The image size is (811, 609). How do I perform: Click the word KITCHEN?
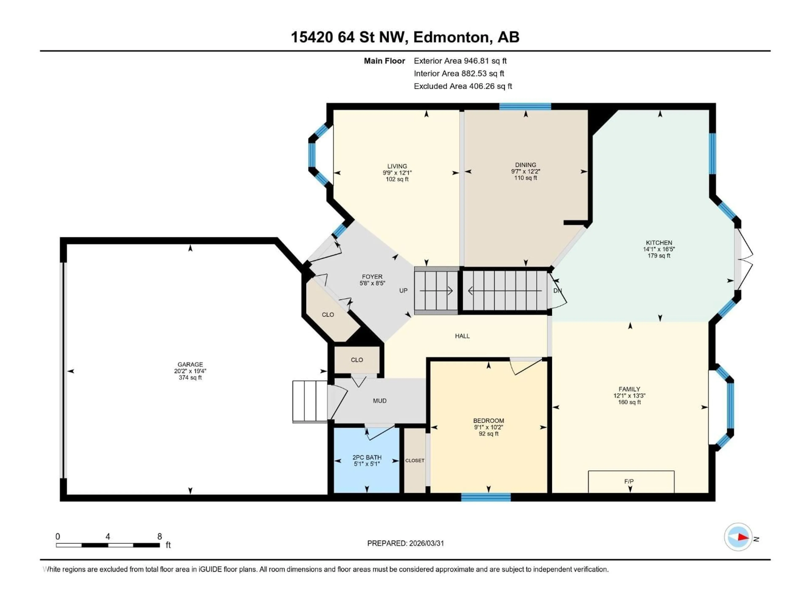coord(659,243)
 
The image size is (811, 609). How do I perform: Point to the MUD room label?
coord(380,401)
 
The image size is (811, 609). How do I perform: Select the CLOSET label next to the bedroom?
coord(415,460)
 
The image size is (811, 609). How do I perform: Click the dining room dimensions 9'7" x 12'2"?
coord(525,171)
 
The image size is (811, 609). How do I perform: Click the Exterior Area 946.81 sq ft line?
coord(460,61)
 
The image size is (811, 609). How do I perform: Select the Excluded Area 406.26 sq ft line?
coord(463,86)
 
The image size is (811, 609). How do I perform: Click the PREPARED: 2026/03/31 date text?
coord(405,543)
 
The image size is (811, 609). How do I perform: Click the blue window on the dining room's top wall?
coord(525,106)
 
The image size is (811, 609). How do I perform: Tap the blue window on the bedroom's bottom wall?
coord(486,497)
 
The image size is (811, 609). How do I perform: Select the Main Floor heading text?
coord(384,61)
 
